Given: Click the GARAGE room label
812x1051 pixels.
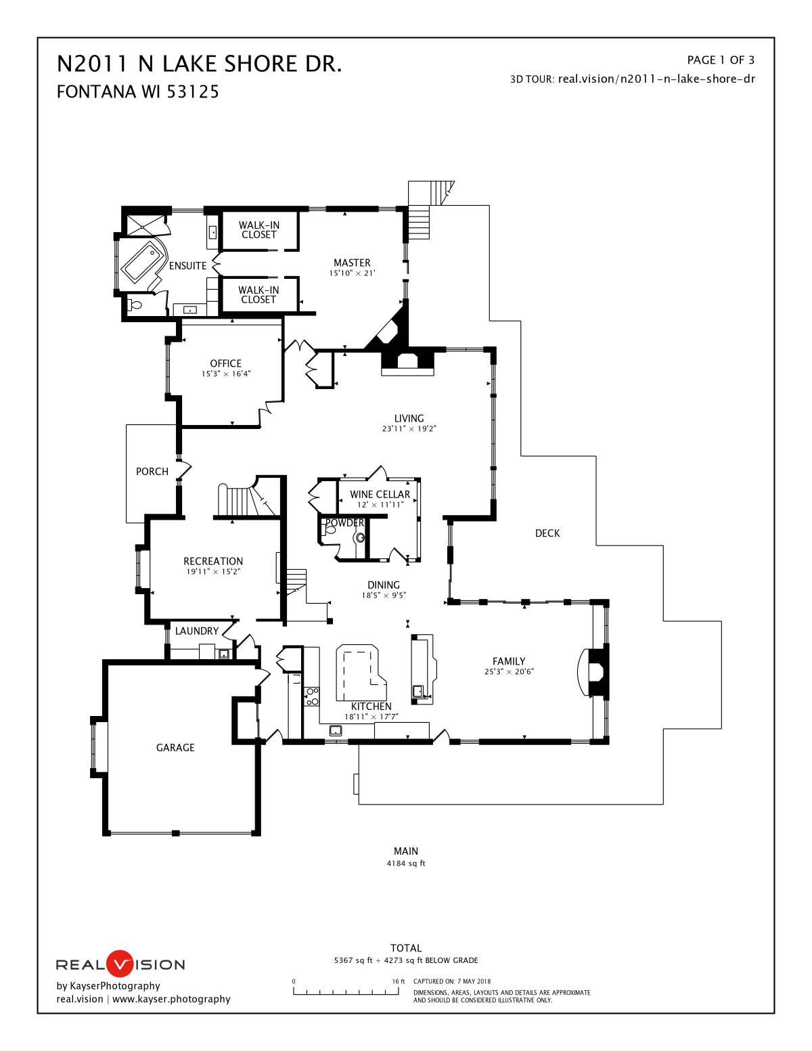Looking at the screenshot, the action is coord(175,748).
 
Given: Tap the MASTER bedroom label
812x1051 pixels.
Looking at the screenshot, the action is coord(352,263).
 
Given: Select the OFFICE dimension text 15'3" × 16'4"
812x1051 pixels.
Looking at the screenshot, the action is coord(226,374).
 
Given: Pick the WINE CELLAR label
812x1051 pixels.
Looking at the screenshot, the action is coord(380,494).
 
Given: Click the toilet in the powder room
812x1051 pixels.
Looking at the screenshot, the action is coord(330,529).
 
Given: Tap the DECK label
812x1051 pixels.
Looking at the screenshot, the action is coord(547,533).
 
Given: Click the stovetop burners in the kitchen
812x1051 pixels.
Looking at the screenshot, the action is coord(312,697).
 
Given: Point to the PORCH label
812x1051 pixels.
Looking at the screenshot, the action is coord(152,472).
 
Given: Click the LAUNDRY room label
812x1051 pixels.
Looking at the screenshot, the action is coord(197,631).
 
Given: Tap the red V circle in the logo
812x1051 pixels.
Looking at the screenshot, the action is coord(120,964).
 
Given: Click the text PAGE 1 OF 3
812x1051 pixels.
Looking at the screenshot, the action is coord(721,60).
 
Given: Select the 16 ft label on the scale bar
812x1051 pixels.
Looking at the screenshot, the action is coord(399,981).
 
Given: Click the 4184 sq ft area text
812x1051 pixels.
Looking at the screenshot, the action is coord(406,864).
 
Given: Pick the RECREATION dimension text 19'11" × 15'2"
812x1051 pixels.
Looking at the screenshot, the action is coord(213,572).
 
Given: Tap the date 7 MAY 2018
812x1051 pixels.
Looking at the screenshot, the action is coord(474,981).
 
